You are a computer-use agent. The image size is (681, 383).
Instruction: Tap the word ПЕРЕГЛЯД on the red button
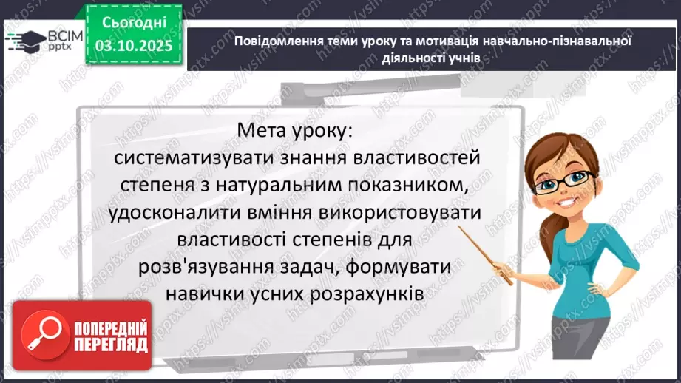pyautogui.click(x=111, y=345)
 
